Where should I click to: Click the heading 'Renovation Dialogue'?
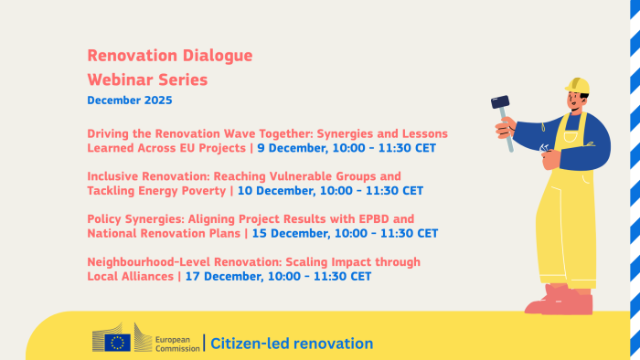(x=170, y=56)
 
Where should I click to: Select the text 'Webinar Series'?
(x=147, y=79)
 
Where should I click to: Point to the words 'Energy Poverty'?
(x=193, y=191)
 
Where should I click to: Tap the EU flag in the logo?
(x=117, y=343)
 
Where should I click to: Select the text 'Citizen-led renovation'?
(x=292, y=344)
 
